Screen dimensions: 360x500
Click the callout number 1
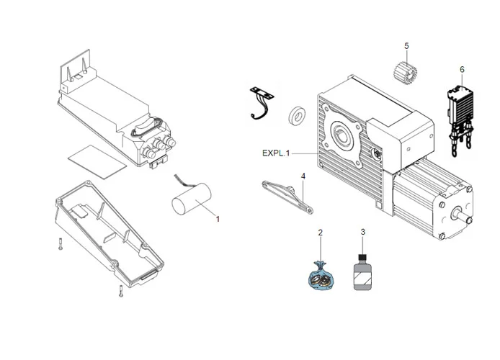click(x=218, y=219)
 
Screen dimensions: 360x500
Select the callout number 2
click(x=320, y=232)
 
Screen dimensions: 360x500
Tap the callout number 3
click(x=362, y=232)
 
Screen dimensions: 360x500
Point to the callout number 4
click(x=303, y=176)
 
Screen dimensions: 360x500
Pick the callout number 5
click(x=406, y=46)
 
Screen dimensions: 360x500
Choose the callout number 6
click(x=462, y=69)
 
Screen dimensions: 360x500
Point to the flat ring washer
click(x=295, y=115)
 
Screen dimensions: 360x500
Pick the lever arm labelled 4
click(x=285, y=194)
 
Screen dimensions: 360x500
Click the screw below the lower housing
click(x=119, y=291)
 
